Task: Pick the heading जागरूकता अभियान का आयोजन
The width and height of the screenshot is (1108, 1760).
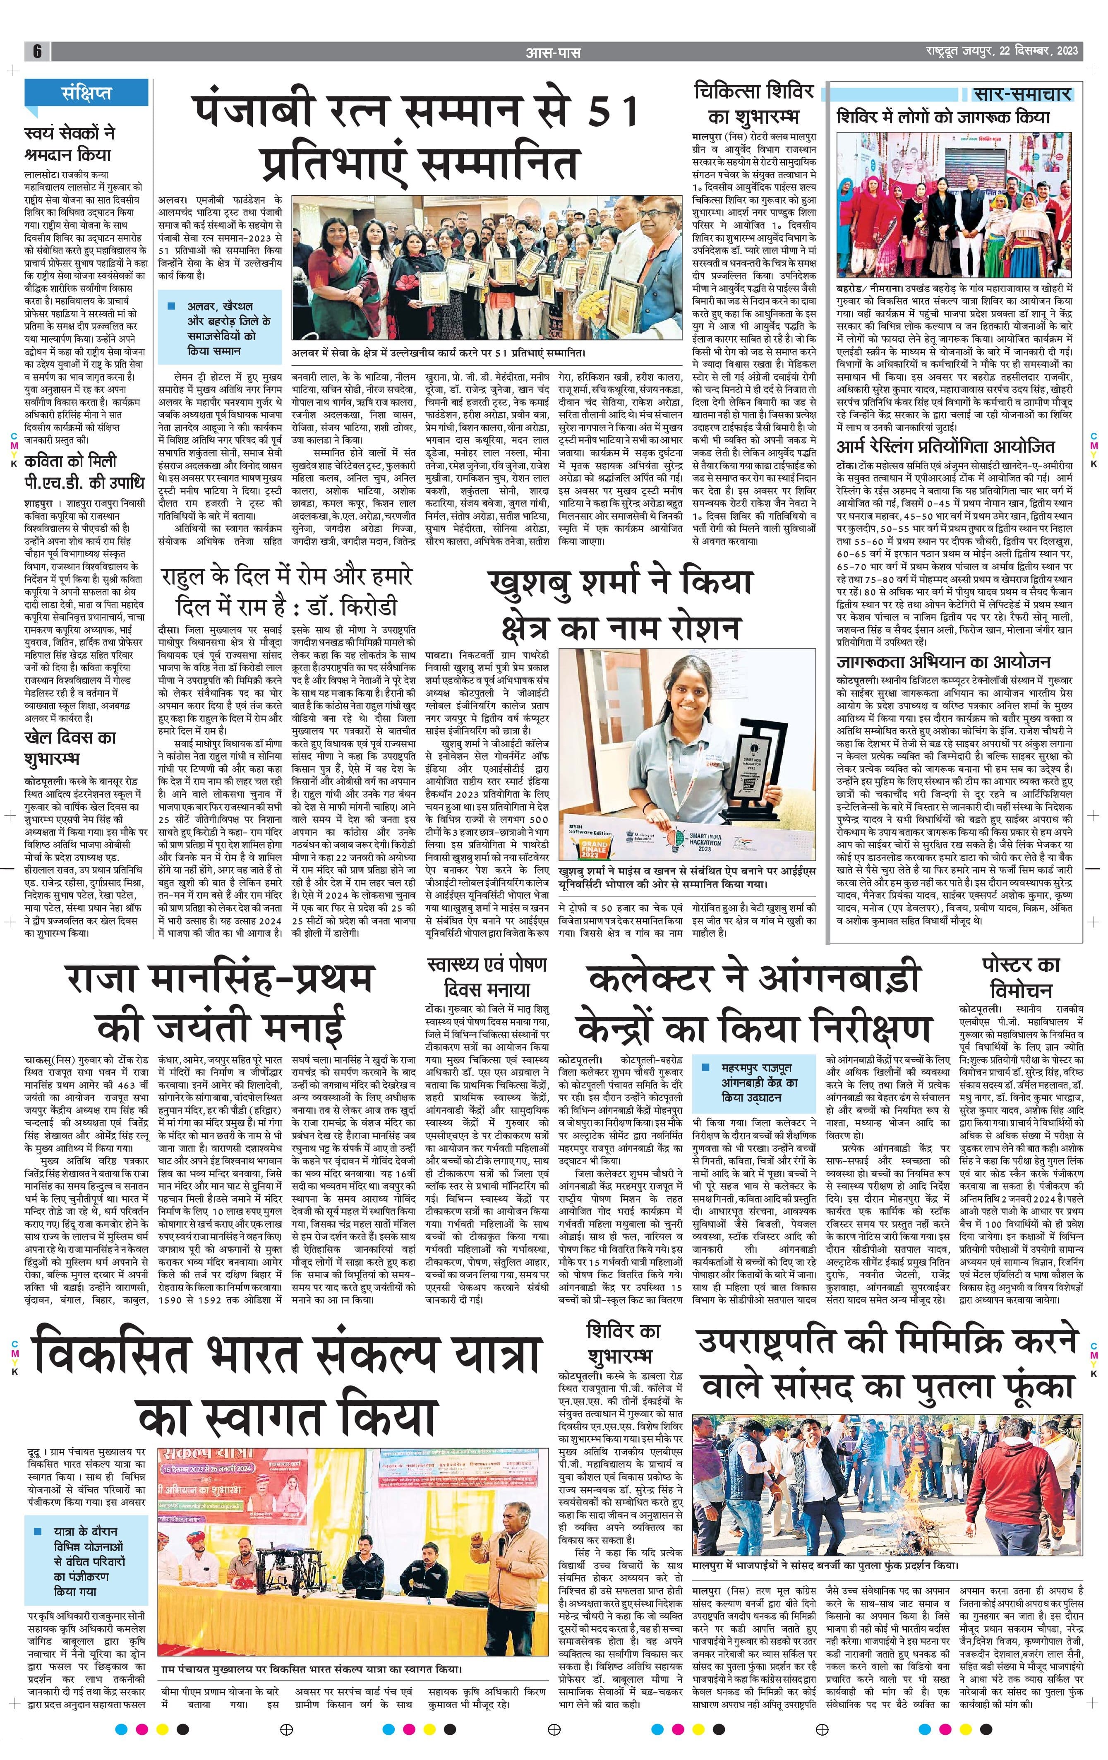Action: point(943,662)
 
